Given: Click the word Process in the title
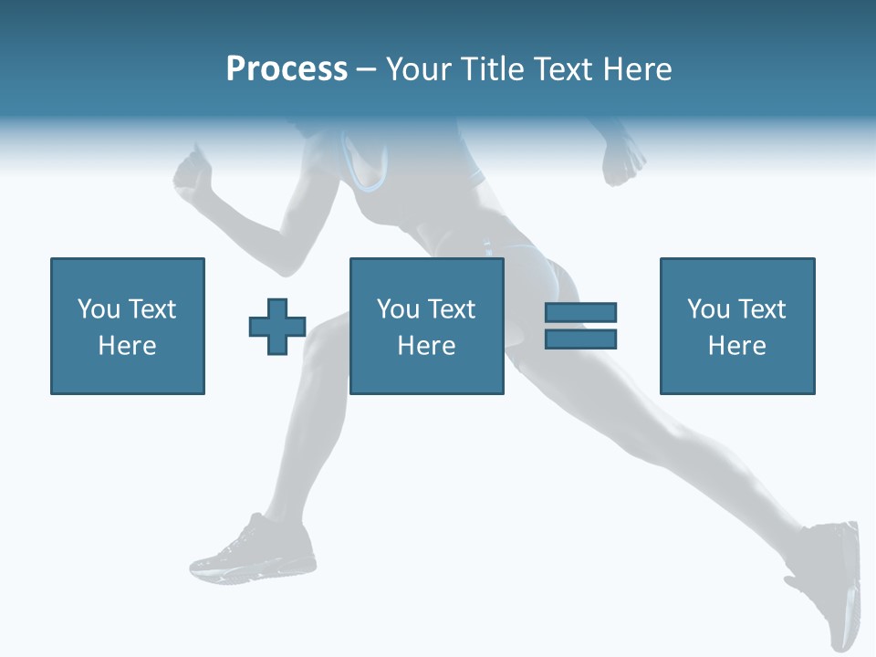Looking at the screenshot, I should point(287,69).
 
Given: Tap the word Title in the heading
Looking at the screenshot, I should point(494,69).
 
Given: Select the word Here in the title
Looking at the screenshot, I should point(636,69).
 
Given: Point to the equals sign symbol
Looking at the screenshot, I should point(580,326).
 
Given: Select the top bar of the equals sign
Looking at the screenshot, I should point(580,313).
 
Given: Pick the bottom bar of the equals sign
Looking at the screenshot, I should point(580,339).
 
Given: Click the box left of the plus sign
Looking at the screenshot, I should point(128,326).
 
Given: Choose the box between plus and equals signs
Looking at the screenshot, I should point(427,326).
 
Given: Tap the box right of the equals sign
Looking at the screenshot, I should point(737,326).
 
